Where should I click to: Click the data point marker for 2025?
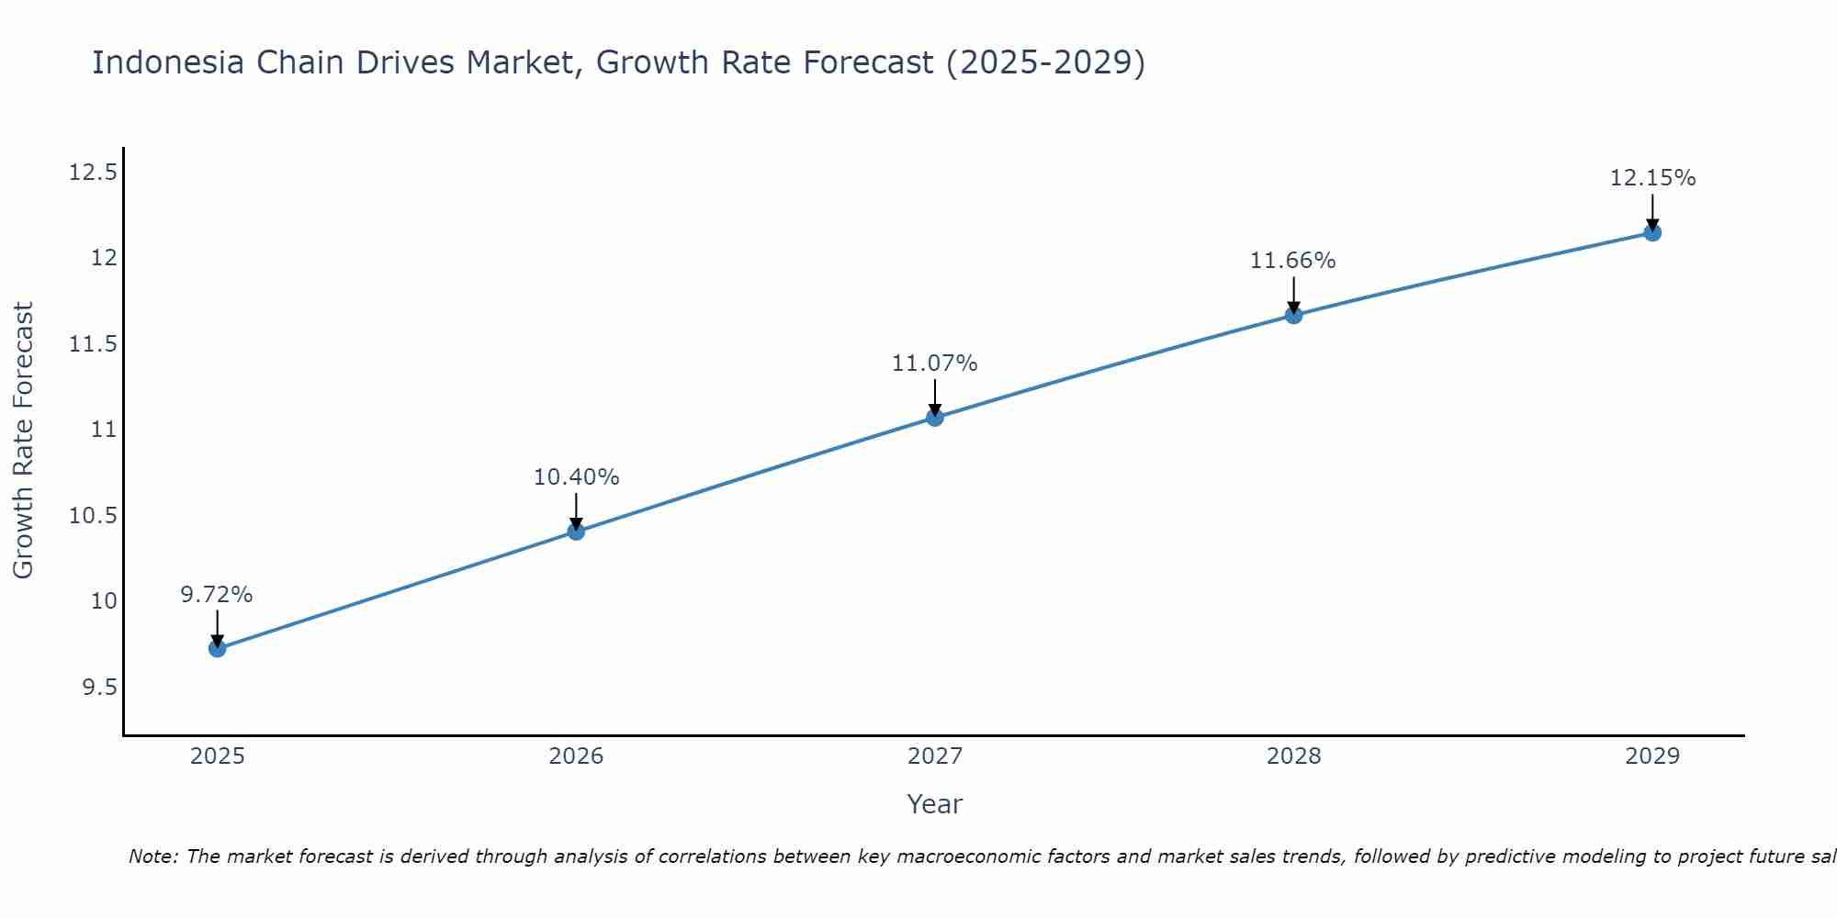pos(217,648)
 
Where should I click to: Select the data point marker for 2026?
pos(576,531)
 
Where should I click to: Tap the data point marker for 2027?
pos(935,417)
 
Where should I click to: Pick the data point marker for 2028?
pos(1293,315)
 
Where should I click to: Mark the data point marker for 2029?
pos(1652,232)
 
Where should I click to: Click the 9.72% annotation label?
pos(217,595)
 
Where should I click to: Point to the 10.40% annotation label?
pos(576,477)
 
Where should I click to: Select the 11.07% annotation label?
pos(935,364)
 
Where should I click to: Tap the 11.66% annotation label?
pos(1293,261)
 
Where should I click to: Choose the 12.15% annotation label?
pos(1652,178)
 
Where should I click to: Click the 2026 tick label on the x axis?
pos(576,756)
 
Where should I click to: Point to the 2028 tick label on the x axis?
pos(1293,756)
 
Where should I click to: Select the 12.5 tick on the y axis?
pos(94,173)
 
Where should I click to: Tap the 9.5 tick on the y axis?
pos(100,688)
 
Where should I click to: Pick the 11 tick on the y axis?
pos(105,430)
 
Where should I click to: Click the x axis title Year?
pos(934,804)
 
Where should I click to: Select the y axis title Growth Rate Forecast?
pos(23,441)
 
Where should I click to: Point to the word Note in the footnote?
pos(152,856)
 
